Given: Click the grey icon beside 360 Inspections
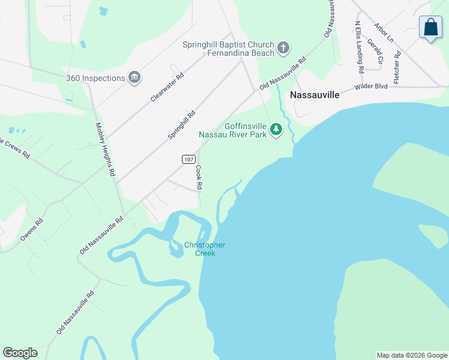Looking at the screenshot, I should [x=134, y=77].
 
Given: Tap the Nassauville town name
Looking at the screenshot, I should [x=315, y=95].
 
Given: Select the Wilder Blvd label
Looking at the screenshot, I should [x=371, y=86].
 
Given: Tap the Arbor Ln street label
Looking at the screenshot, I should [x=383, y=32].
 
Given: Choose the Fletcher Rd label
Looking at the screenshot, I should [x=397, y=67].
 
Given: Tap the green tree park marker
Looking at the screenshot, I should [x=276, y=129].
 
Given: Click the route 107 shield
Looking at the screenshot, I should [x=188, y=158].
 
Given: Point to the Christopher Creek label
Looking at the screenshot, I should [x=205, y=249].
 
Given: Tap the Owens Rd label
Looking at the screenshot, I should [x=32, y=230].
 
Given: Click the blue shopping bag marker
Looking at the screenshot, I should [x=430, y=27].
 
